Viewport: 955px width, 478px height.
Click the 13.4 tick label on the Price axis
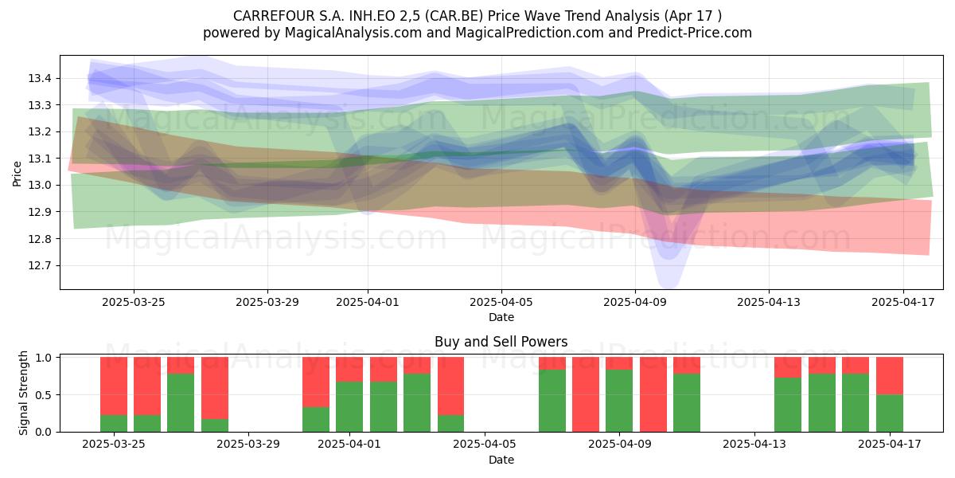coord(40,78)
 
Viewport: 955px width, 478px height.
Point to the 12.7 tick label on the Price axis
coord(40,265)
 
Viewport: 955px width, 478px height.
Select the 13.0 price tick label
coord(40,185)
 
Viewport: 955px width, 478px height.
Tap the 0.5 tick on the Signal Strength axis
coord(43,395)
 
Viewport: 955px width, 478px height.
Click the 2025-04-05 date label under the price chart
coord(501,302)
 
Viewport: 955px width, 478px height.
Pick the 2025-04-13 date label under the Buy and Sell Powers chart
coord(754,444)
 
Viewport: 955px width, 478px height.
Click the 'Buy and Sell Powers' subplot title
coord(501,342)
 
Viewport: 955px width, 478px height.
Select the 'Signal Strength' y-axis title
coord(23,393)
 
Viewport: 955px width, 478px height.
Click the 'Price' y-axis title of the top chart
coord(17,174)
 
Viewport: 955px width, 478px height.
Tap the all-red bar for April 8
coord(586,394)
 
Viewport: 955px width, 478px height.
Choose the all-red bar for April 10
coord(653,394)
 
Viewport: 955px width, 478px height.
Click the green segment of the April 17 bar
coord(890,413)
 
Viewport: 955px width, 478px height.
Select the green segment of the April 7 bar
coord(552,401)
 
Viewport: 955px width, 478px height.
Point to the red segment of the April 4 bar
coord(450,386)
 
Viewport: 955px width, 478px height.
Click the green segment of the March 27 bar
coord(181,403)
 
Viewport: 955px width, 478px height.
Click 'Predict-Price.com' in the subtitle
coord(695,33)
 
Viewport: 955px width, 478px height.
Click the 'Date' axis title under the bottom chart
coord(501,460)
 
